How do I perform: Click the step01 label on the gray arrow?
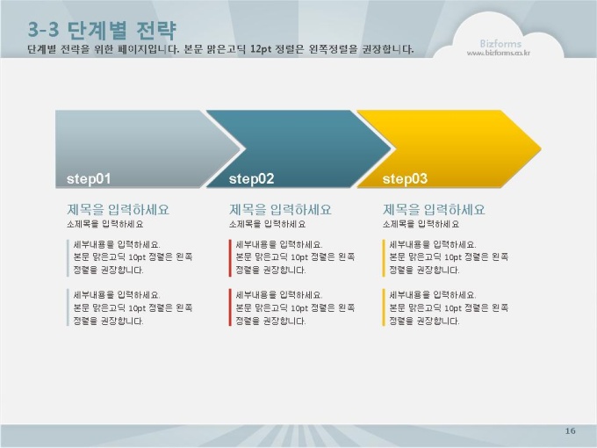pyautogui.click(x=89, y=178)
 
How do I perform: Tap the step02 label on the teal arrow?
pyautogui.click(x=251, y=178)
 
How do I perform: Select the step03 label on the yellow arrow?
pyautogui.click(x=405, y=178)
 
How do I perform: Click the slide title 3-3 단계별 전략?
pyautogui.click(x=102, y=30)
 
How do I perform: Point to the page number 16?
pyautogui.click(x=570, y=430)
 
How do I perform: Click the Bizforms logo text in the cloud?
pyautogui.click(x=500, y=43)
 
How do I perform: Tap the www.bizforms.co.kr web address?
pyautogui.click(x=499, y=54)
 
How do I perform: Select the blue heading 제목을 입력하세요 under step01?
pyautogui.click(x=118, y=210)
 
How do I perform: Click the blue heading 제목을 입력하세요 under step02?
pyautogui.click(x=280, y=210)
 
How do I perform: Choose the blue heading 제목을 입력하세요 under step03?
pyautogui.click(x=434, y=210)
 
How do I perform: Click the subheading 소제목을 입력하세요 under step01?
pyautogui.click(x=105, y=224)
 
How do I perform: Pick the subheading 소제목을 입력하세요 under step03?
pyautogui.click(x=421, y=224)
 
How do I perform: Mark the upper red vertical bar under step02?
pyautogui.click(x=230, y=258)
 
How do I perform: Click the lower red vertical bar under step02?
pyautogui.click(x=230, y=307)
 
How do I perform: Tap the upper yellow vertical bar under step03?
pyautogui.click(x=384, y=258)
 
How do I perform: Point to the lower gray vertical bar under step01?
pyautogui.click(x=68, y=307)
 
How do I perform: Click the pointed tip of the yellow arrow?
pyautogui.click(x=541, y=149)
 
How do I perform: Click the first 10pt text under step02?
pyautogui.click(x=299, y=257)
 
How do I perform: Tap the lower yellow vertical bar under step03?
pyautogui.click(x=384, y=307)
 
